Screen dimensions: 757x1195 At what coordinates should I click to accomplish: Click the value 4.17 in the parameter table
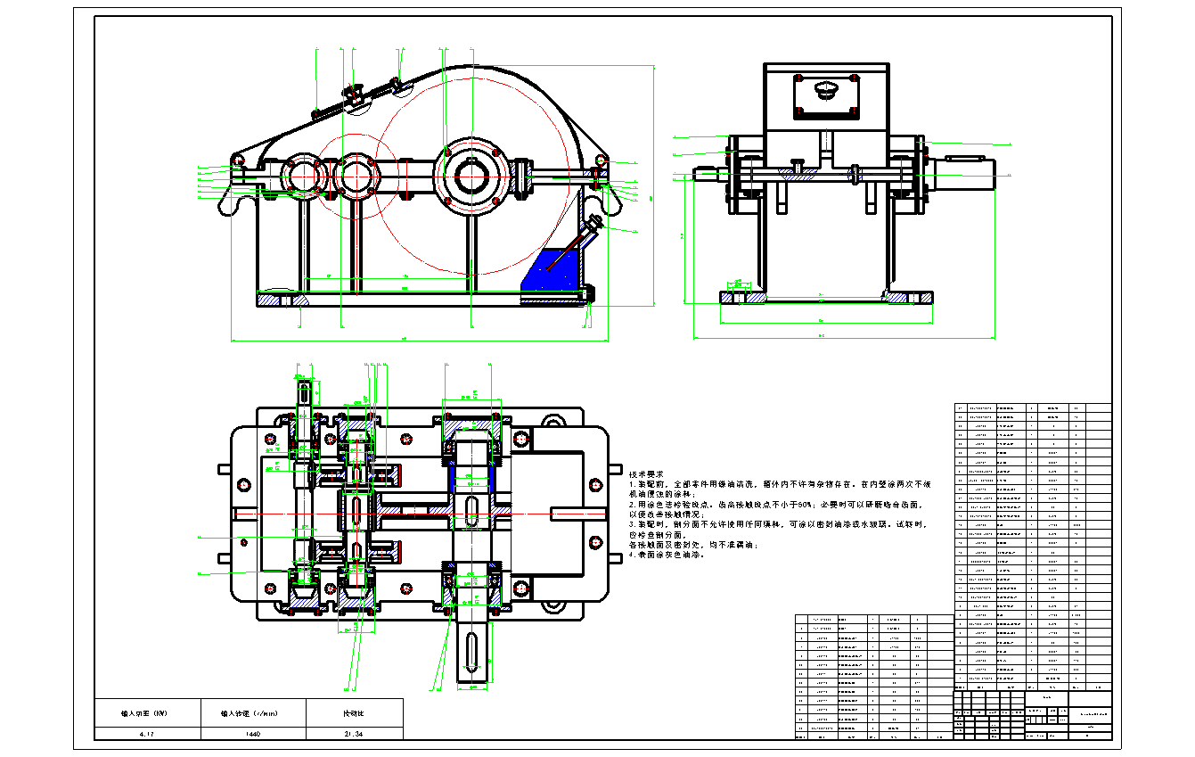coord(148,733)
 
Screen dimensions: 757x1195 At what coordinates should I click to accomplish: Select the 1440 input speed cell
coord(253,733)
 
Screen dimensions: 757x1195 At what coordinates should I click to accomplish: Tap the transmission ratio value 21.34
coord(354,733)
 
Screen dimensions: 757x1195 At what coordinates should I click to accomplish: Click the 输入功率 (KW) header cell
coord(148,713)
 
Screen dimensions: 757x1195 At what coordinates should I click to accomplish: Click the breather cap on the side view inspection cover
coord(826,89)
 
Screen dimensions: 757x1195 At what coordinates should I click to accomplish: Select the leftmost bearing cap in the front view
coord(304,175)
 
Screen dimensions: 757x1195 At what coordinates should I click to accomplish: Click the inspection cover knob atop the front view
coord(355,93)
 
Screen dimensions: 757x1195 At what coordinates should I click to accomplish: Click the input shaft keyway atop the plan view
coord(304,392)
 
